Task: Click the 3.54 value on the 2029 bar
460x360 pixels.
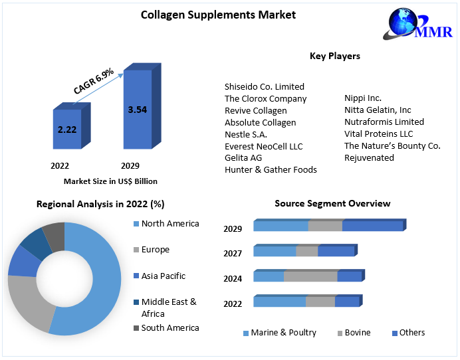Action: (138, 110)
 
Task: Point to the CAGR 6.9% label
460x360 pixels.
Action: (94, 81)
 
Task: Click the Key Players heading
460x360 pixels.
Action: (335, 56)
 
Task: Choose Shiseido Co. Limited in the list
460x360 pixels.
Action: (264, 86)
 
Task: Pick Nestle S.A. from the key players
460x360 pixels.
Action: (245, 134)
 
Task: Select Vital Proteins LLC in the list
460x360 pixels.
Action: (378, 134)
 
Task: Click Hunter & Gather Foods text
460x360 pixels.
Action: (271, 170)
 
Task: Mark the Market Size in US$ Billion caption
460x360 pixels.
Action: (110, 181)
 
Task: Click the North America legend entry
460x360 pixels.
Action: (170, 224)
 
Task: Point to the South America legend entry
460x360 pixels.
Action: (170, 328)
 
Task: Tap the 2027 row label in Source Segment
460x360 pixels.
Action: (233, 253)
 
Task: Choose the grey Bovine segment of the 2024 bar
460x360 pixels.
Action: (310, 276)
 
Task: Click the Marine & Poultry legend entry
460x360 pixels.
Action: (283, 333)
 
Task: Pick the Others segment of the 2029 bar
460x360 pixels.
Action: (372, 226)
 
